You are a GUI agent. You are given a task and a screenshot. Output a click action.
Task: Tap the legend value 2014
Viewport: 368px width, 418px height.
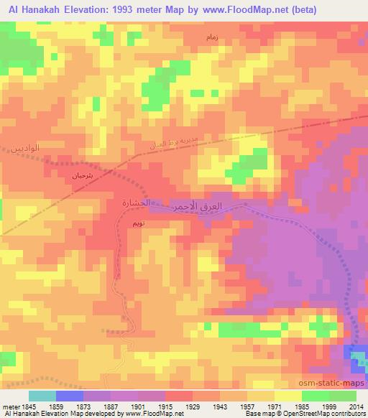click(356, 406)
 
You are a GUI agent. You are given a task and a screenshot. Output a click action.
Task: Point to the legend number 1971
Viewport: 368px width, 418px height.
click(276, 406)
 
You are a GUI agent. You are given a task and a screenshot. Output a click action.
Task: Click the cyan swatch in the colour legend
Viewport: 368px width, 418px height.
click(42, 396)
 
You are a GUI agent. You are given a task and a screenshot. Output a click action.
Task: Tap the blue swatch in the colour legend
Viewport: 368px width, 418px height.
click(70, 396)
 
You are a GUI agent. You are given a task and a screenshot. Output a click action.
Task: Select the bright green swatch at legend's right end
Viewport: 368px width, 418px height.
click(342, 396)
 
